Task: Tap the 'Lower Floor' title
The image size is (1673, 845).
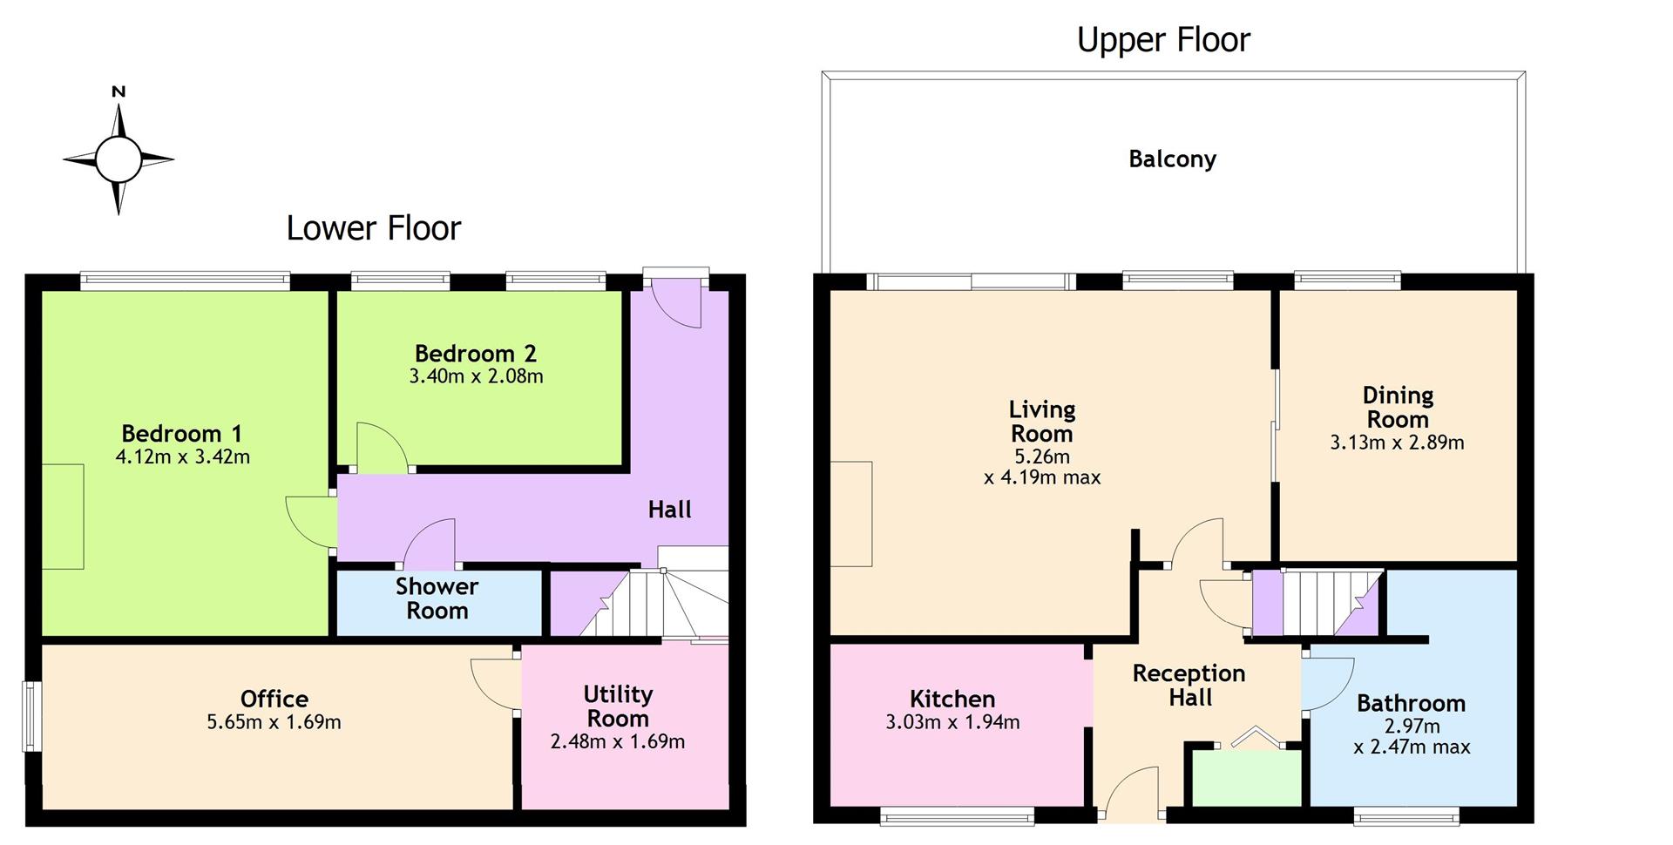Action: [374, 228]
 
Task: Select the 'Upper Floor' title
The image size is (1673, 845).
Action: [1163, 40]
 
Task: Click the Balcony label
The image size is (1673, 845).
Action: [1172, 159]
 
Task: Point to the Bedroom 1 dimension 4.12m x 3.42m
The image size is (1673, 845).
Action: [183, 456]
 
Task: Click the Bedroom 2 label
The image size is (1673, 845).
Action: [476, 353]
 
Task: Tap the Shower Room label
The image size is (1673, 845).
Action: [437, 598]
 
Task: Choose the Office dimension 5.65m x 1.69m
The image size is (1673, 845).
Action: [274, 722]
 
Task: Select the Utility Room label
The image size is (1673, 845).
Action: [618, 706]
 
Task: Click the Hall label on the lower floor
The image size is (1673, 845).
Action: [669, 510]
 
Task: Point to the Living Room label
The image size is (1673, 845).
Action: [1042, 422]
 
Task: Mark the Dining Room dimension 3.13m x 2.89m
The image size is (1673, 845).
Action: [1397, 443]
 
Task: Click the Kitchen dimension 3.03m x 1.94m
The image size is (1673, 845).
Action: [952, 722]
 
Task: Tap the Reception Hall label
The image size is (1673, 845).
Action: [1189, 686]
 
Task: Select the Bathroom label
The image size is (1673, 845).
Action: [1411, 703]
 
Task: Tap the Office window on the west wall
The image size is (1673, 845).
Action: [30, 715]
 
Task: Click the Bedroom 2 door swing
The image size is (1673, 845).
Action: [382, 448]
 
